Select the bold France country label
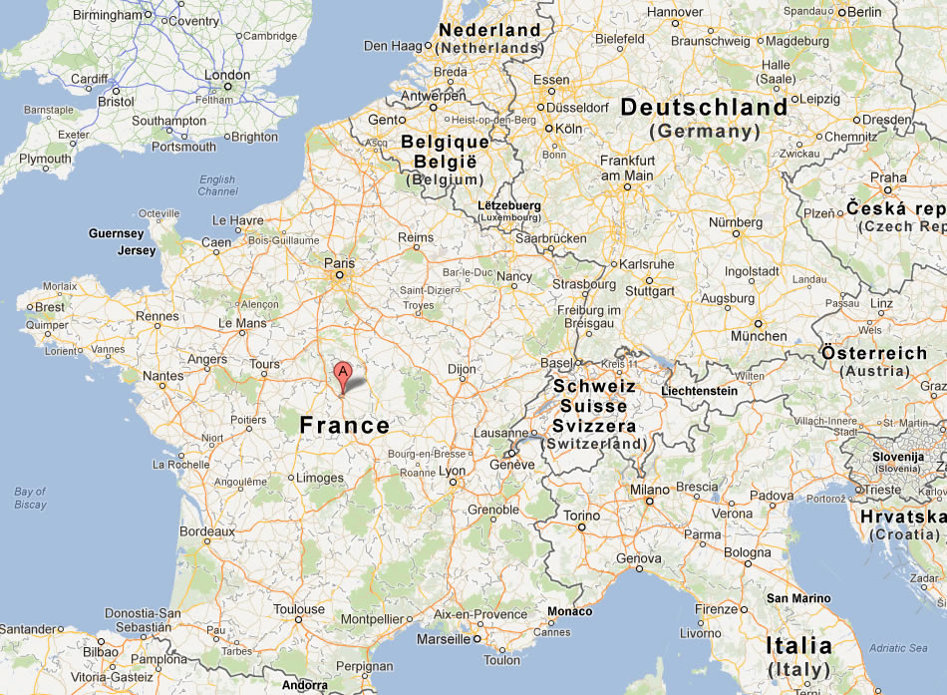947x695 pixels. [345, 426]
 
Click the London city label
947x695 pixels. [227, 75]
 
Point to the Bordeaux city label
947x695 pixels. [207, 531]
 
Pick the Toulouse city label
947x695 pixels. [299, 609]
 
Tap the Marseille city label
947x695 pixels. [444, 638]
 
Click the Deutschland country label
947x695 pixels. [704, 108]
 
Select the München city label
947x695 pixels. [758, 336]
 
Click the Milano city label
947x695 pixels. [648, 490]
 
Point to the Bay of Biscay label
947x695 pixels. [31, 498]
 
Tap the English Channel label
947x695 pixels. [217, 185]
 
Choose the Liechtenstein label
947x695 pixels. [699, 391]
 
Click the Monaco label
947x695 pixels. [569, 611]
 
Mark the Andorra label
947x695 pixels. [303, 685]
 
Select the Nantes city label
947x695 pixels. [163, 376]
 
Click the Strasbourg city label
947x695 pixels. [583, 284]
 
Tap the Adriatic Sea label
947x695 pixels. [899, 648]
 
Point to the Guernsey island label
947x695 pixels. [117, 233]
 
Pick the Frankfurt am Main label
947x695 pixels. [627, 168]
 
